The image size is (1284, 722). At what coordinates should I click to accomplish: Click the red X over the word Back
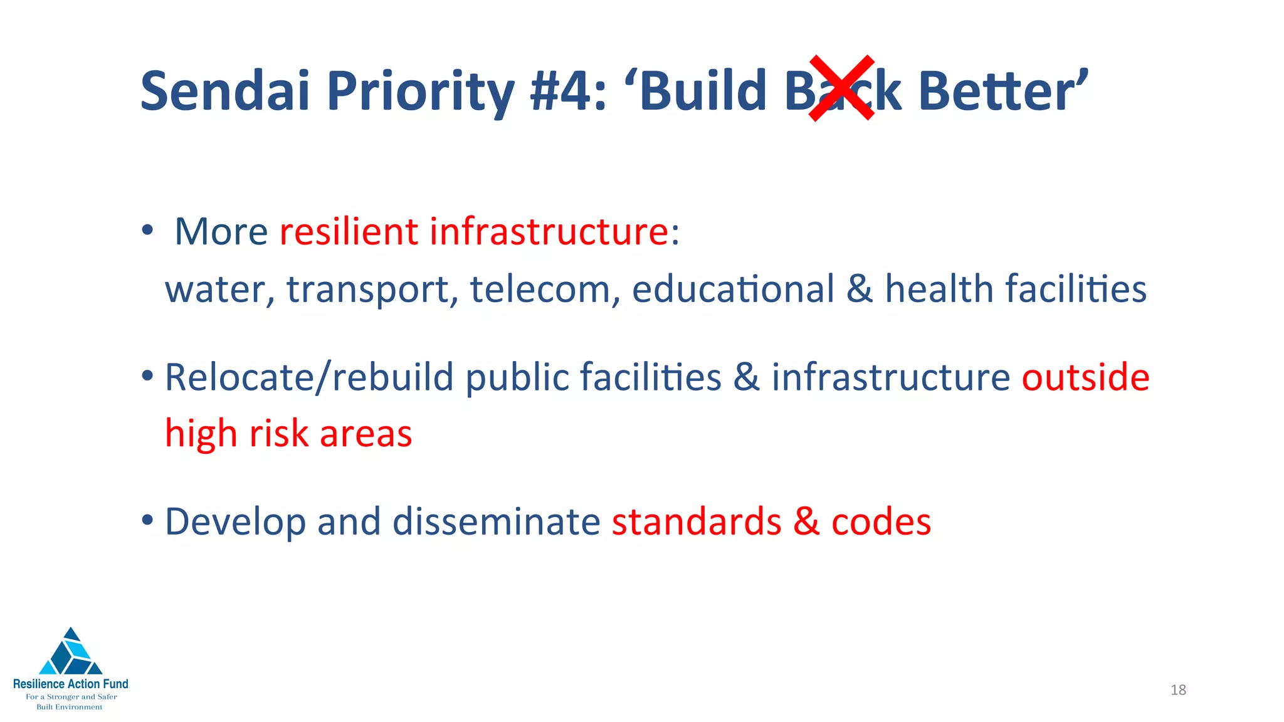841,88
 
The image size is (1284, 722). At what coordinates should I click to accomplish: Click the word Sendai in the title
225,92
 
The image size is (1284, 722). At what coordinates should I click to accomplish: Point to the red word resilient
349,231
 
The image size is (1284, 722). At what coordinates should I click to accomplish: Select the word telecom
545,290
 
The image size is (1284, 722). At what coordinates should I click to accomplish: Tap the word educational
733,290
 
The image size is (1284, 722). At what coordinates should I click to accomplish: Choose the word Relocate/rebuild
309,378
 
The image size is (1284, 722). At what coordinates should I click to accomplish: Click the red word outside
1085,377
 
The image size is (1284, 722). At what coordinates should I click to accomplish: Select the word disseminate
496,521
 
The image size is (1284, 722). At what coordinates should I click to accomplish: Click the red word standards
697,521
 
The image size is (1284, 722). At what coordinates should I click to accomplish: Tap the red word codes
881,523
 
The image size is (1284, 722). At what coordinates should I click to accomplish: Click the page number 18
1178,690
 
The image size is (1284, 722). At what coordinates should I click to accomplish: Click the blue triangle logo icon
71,652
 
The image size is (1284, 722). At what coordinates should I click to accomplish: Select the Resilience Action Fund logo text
71,684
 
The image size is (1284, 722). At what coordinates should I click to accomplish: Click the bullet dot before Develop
147,520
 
